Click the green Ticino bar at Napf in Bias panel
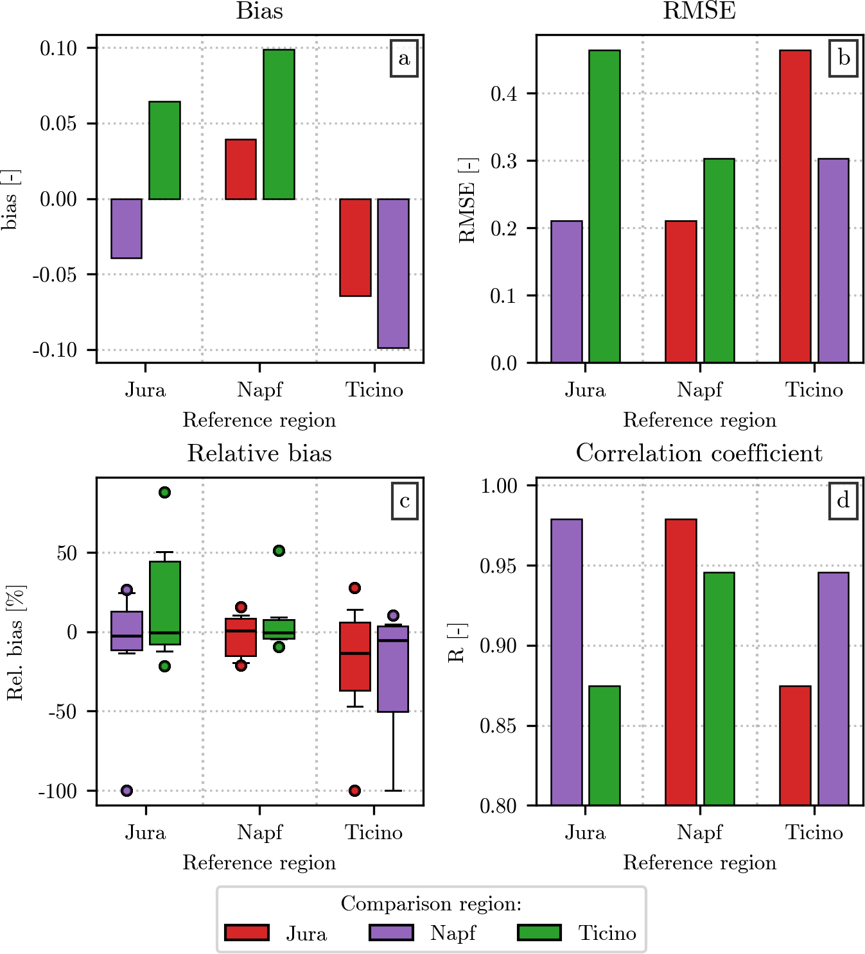coord(279,124)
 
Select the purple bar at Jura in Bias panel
coord(127,228)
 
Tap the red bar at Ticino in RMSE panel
coord(795,206)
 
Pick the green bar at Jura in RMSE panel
coord(604,206)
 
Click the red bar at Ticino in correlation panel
coord(795,745)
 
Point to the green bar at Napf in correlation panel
coord(719,688)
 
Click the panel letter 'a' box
coord(404,58)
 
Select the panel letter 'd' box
coord(843,500)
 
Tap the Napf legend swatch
coord(391,932)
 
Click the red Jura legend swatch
coord(247,932)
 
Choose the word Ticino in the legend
coord(607,933)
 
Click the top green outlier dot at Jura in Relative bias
coord(165,492)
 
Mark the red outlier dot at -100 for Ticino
coord(355,790)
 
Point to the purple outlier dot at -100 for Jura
coord(127,790)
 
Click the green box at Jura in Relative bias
coord(165,602)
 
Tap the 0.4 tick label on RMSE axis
coord(503,94)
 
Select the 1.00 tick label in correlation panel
coord(498,486)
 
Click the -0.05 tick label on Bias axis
coord(55,275)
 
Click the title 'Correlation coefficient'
coord(699,454)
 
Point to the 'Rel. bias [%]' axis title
coord(15,642)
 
